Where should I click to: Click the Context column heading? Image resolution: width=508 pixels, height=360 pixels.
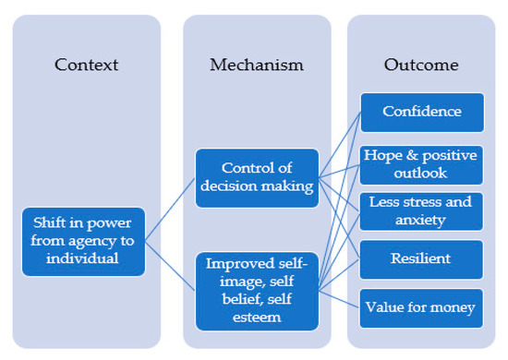coord(88,65)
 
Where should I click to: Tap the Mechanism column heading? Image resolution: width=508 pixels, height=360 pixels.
coord(256,65)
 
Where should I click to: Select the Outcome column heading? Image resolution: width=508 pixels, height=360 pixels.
coord(421,65)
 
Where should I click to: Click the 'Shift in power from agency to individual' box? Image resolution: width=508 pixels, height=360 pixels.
coord(84,242)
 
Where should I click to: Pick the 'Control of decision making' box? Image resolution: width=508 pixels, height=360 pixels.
coord(257,177)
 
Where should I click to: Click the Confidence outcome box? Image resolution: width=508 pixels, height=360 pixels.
coord(421,112)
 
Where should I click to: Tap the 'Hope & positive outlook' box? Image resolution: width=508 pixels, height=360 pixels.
coord(421,163)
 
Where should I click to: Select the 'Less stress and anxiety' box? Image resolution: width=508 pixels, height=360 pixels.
coord(421,210)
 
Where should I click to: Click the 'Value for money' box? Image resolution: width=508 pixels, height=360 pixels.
coord(421,306)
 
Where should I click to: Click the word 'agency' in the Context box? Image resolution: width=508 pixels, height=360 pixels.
coord(92,242)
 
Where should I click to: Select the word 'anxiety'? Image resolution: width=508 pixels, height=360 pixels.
coord(421,220)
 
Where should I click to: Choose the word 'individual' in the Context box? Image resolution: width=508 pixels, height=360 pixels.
coord(84,259)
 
